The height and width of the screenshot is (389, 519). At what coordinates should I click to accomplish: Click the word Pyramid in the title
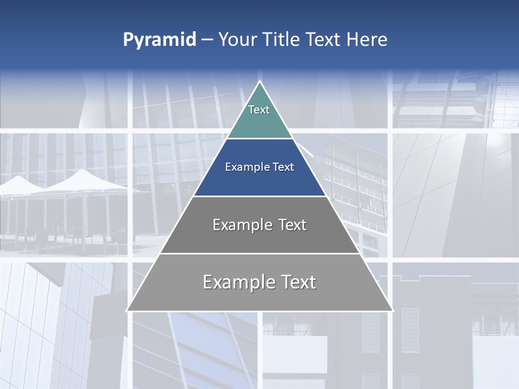159,40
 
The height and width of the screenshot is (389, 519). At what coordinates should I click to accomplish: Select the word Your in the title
236,40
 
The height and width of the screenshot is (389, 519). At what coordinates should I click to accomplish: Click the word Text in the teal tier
259,110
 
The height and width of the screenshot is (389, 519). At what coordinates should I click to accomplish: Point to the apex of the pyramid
259,82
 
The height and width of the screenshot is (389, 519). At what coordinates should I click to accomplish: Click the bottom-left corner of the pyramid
128,310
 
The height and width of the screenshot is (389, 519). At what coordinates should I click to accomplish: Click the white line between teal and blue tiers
259,139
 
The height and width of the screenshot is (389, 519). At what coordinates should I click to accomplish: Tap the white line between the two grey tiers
259,253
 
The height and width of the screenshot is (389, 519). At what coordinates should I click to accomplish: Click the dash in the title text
207,40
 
